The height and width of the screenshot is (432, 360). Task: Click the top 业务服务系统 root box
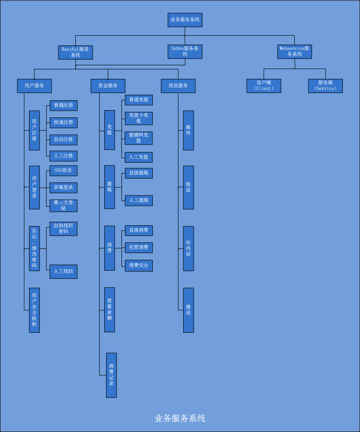click(185, 20)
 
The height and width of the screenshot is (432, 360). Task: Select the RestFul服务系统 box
click(76, 52)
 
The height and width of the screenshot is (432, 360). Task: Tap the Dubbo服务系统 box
click(185, 52)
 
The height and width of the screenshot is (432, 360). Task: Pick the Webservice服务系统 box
click(294, 52)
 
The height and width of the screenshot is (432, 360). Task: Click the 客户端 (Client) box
click(264, 86)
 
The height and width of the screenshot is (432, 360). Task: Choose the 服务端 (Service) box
click(325, 86)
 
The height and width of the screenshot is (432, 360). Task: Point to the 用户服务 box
click(34, 86)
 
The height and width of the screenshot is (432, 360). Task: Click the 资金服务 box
click(108, 86)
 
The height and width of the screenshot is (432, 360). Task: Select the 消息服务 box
click(178, 86)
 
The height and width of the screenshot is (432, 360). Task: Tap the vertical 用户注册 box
click(34, 130)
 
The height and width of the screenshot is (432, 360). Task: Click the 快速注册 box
click(63, 122)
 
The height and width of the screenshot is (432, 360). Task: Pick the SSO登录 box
click(63, 170)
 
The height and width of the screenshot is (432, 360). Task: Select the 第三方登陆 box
click(63, 205)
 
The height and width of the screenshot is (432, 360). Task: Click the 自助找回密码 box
click(63, 228)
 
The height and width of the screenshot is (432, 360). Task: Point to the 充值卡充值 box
click(139, 118)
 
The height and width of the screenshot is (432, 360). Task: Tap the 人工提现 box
click(139, 200)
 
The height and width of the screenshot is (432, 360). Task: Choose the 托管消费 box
click(139, 248)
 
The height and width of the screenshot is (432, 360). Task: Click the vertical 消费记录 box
click(112, 375)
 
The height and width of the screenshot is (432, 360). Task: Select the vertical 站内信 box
click(189, 248)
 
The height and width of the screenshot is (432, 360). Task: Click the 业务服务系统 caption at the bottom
click(180, 418)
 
